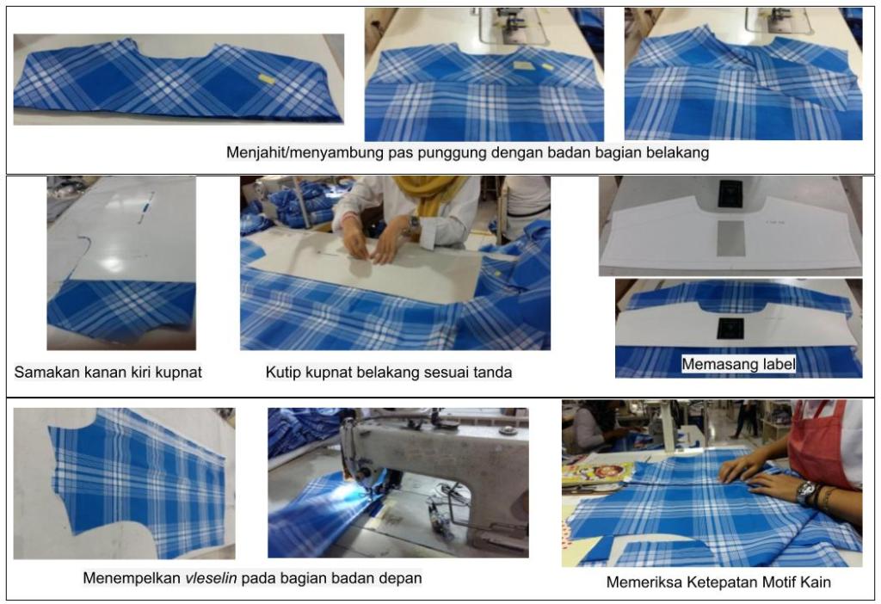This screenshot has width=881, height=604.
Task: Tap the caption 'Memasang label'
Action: click(x=738, y=364)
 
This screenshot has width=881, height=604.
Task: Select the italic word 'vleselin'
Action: click(x=211, y=577)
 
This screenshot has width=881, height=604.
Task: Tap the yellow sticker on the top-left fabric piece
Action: click(x=267, y=79)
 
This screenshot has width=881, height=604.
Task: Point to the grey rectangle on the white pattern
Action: click(x=731, y=238)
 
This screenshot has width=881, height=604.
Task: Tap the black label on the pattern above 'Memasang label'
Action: click(x=730, y=329)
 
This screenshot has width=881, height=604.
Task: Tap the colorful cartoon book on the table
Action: click(x=597, y=473)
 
